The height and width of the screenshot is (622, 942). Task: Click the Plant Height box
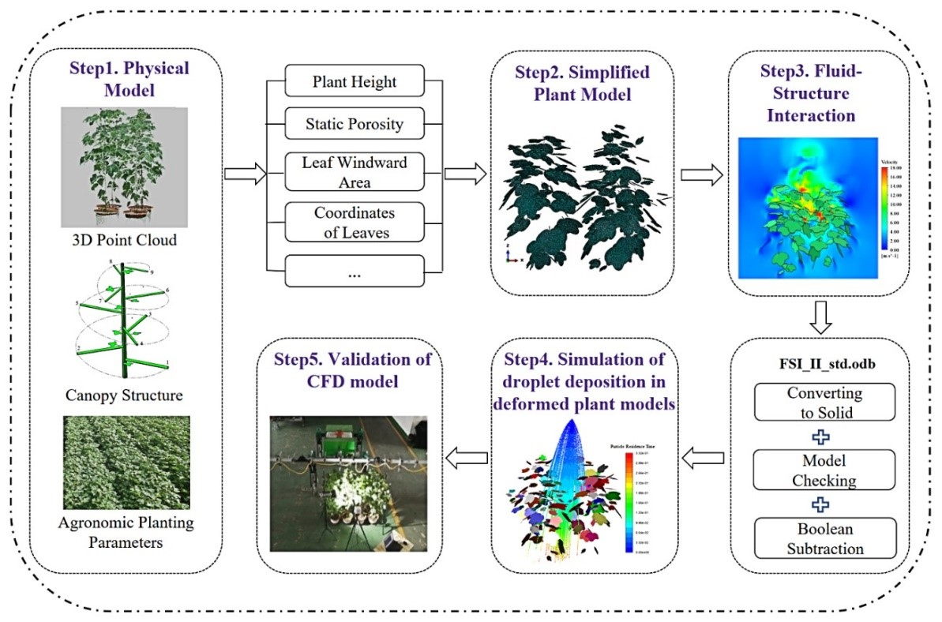(355, 81)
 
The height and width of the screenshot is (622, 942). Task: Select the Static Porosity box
(355, 124)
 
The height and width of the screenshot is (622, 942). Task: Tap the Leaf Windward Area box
(355, 173)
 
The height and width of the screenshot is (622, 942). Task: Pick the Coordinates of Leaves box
(355, 223)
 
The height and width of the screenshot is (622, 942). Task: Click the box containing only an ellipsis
(355, 274)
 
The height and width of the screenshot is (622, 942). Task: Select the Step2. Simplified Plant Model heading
(583, 84)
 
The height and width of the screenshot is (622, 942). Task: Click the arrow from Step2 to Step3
(701, 174)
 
